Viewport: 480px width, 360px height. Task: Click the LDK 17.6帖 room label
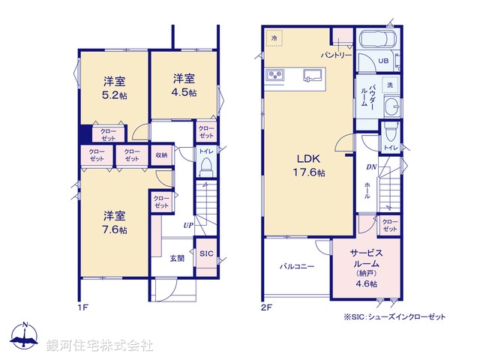tap(308, 165)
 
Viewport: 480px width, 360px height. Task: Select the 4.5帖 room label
tap(184, 85)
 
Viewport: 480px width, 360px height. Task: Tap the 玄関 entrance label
tap(176, 258)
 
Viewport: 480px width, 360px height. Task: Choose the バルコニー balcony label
tap(298, 265)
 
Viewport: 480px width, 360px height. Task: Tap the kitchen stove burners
tap(274, 74)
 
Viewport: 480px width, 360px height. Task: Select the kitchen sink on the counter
tap(312, 73)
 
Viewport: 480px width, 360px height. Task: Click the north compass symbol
tap(25, 336)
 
